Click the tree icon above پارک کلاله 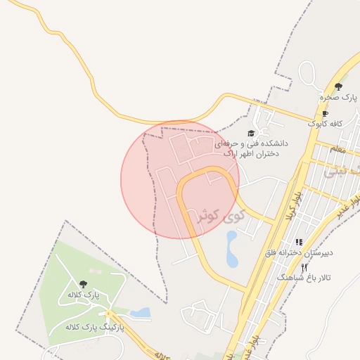pyautogui.click(x=83, y=284)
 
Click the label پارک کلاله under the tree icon pyautogui.click(x=84, y=294)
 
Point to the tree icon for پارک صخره pyautogui.click(x=338, y=86)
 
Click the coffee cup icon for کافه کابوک pyautogui.click(x=324, y=114)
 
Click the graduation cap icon pyautogui.click(x=251, y=133)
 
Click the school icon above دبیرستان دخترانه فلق pyautogui.click(x=299, y=242)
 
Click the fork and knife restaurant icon pyautogui.click(x=304, y=268)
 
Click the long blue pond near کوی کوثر pyautogui.click(x=232, y=249)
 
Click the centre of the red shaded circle pyautogui.click(x=180, y=179)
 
